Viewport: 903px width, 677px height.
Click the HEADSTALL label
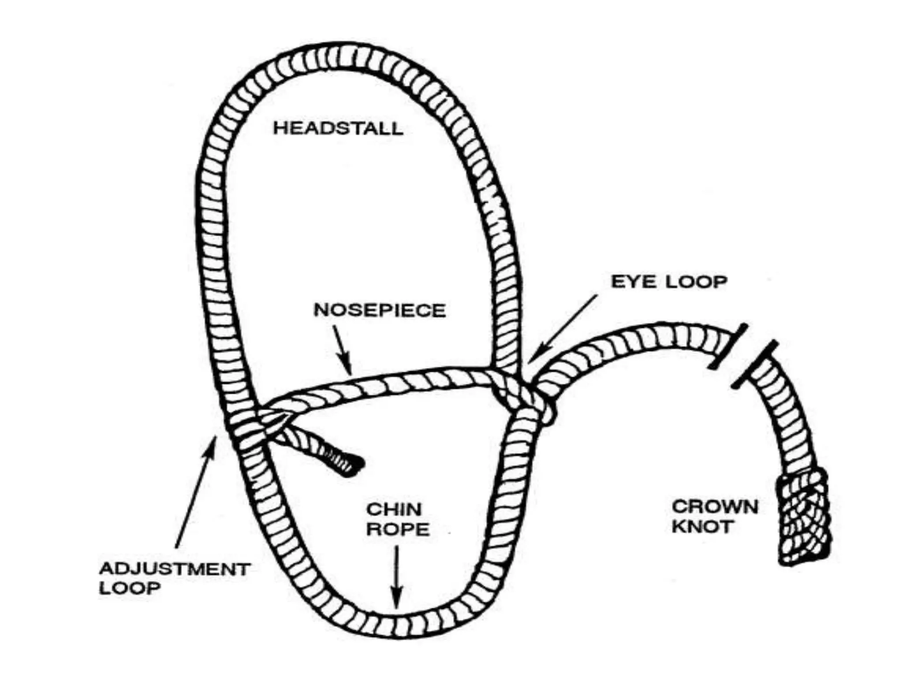338,128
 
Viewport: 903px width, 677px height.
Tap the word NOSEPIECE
379,310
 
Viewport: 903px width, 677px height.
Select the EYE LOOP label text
668,282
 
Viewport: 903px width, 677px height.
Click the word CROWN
714,507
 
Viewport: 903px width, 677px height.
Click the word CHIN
394,510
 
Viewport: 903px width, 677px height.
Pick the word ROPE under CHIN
398,529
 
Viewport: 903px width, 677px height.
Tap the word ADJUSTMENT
175,569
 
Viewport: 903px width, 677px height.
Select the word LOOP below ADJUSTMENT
130,588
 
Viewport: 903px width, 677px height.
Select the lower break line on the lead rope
754,364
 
